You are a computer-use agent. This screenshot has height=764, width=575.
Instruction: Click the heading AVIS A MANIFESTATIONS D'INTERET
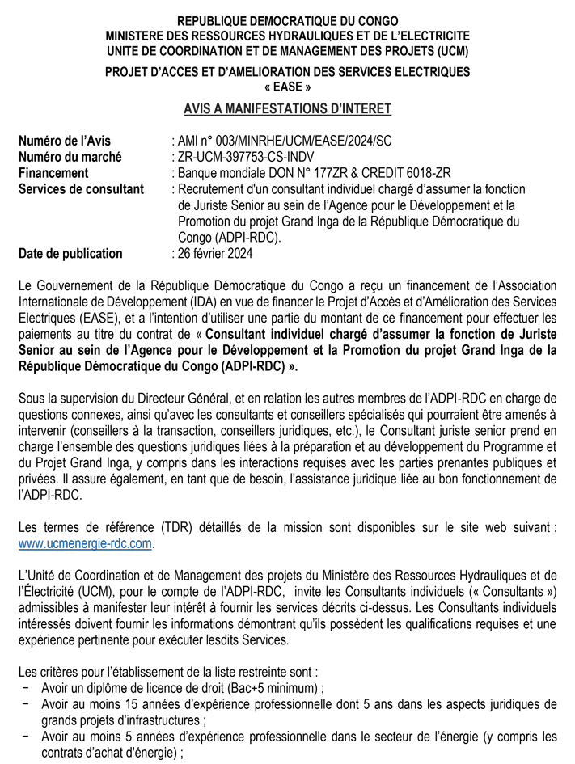[x=287, y=109]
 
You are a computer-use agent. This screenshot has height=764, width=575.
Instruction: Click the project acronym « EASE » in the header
[x=287, y=87]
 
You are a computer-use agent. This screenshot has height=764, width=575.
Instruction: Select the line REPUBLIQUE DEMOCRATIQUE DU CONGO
[x=287, y=20]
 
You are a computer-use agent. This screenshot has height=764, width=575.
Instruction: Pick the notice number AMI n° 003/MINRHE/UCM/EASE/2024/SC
[x=284, y=141]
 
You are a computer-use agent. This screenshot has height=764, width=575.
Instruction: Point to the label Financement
[x=53, y=173]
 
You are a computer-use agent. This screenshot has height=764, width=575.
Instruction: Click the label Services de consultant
[x=81, y=189]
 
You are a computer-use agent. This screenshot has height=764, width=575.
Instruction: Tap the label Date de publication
[x=70, y=253]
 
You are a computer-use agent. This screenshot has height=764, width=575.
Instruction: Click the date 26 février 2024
[x=214, y=253]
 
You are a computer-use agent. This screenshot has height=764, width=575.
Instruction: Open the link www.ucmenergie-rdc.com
[x=85, y=543]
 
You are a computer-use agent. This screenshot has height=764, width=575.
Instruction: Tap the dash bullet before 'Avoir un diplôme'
[x=27, y=688]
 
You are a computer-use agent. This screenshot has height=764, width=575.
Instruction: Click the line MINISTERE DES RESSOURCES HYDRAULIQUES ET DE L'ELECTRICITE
[x=287, y=36]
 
